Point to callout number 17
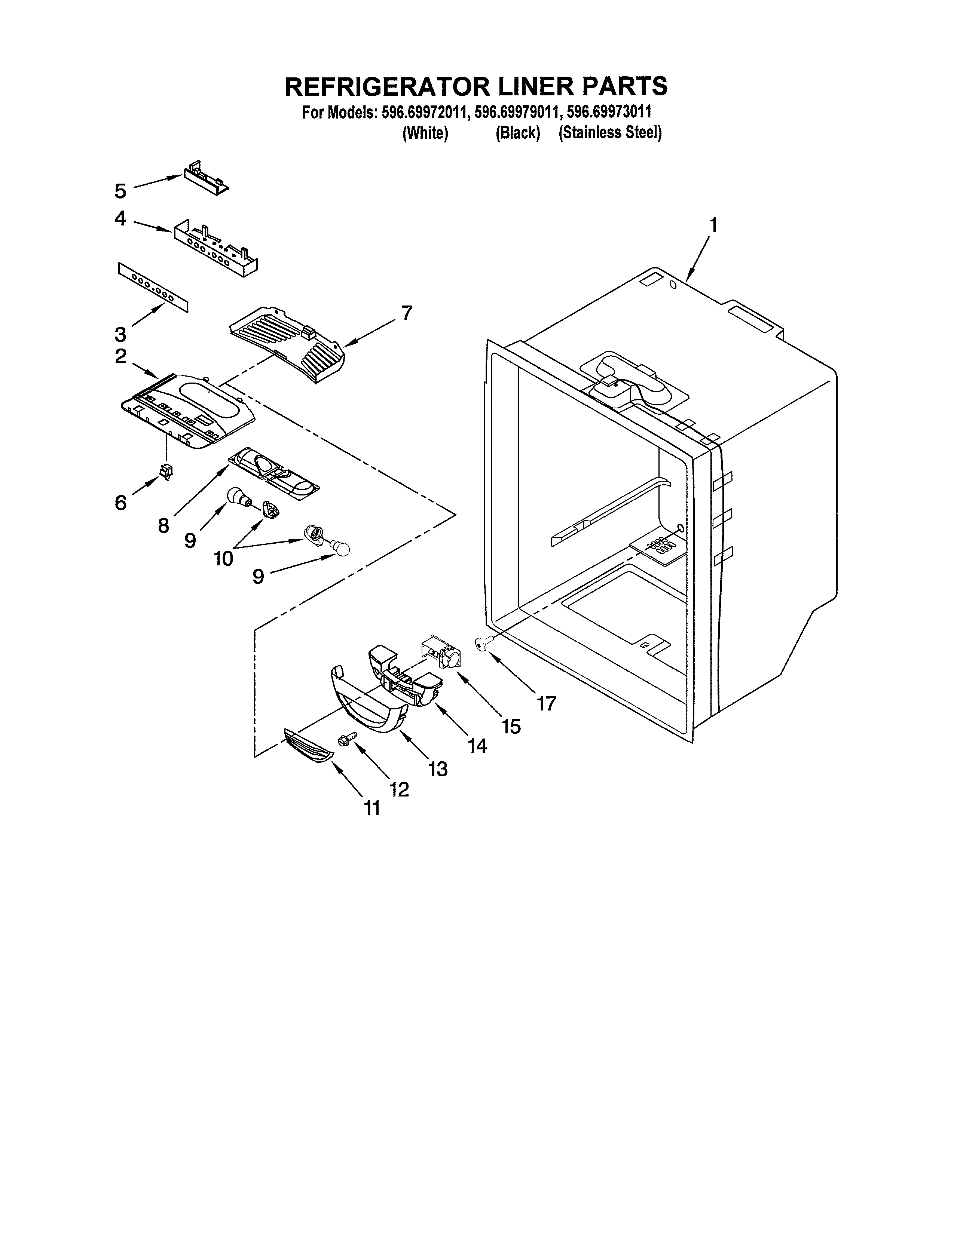[547, 703]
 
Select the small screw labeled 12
[346, 738]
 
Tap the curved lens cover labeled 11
[308, 745]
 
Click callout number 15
[511, 727]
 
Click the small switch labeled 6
[166, 470]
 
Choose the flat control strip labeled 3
[153, 287]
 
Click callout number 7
[407, 313]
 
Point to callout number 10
[223, 559]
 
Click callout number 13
[438, 768]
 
